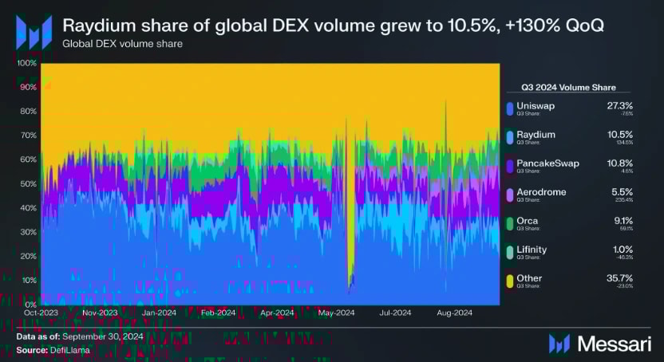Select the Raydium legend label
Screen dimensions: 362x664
[536, 134]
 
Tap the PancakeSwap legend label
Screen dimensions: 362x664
[547, 163]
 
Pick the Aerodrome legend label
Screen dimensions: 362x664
[541, 192]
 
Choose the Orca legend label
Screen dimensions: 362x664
[528, 221]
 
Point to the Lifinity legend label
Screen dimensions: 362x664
[532, 250]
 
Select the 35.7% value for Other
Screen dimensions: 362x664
[598, 278]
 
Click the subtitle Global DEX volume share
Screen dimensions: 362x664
[123, 44]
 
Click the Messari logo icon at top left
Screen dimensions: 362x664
[34, 32]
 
